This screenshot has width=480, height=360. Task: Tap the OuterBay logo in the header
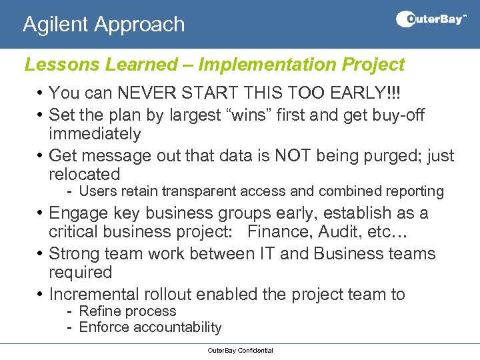pyautogui.click(x=431, y=19)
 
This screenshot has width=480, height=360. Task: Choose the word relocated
pyautogui.click(x=84, y=175)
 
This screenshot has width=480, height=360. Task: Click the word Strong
pyautogui.click(x=77, y=254)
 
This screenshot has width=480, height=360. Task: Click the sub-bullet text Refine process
pyautogui.click(x=127, y=311)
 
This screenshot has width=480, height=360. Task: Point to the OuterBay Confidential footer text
pyautogui.click(x=240, y=351)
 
